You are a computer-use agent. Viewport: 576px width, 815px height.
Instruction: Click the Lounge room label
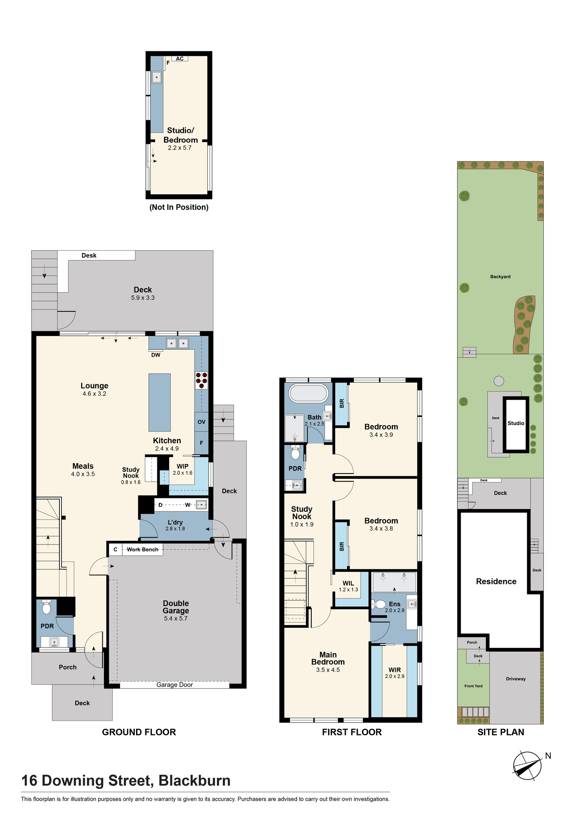coord(95,385)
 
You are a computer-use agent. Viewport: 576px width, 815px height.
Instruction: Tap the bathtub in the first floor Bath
coord(308,394)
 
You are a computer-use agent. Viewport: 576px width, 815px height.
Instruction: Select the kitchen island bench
coord(159,402)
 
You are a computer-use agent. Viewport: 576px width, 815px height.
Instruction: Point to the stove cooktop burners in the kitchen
coord(202,380)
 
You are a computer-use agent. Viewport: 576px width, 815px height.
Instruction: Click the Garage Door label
coord(175,685)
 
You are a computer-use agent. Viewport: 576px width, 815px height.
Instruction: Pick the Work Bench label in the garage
coord(143,549)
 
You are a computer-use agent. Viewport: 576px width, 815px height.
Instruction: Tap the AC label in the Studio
coord(180,59)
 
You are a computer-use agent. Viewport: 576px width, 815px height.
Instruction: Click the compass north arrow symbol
coord(528,766)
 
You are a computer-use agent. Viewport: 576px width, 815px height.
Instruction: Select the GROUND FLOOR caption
coord(139,732)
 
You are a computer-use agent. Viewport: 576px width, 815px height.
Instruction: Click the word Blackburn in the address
coord(194,780)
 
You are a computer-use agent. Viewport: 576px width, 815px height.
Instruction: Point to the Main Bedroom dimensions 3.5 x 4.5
coord(328,670)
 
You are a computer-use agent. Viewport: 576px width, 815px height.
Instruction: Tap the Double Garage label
coord(176,607)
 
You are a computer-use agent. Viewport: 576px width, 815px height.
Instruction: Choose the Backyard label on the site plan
coord(500,277)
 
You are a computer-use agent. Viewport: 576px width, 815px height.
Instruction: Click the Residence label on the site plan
coord(496,582)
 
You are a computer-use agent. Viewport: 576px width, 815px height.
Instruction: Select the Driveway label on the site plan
coord(516,679)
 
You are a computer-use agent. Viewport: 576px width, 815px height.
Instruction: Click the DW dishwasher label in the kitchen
coord(156,355)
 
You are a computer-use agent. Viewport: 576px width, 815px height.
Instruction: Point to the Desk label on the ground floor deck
coord(89,256)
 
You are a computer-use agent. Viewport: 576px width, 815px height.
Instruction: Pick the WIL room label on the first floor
coord(348,583)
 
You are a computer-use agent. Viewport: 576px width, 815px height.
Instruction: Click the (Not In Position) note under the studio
coord(179,207)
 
